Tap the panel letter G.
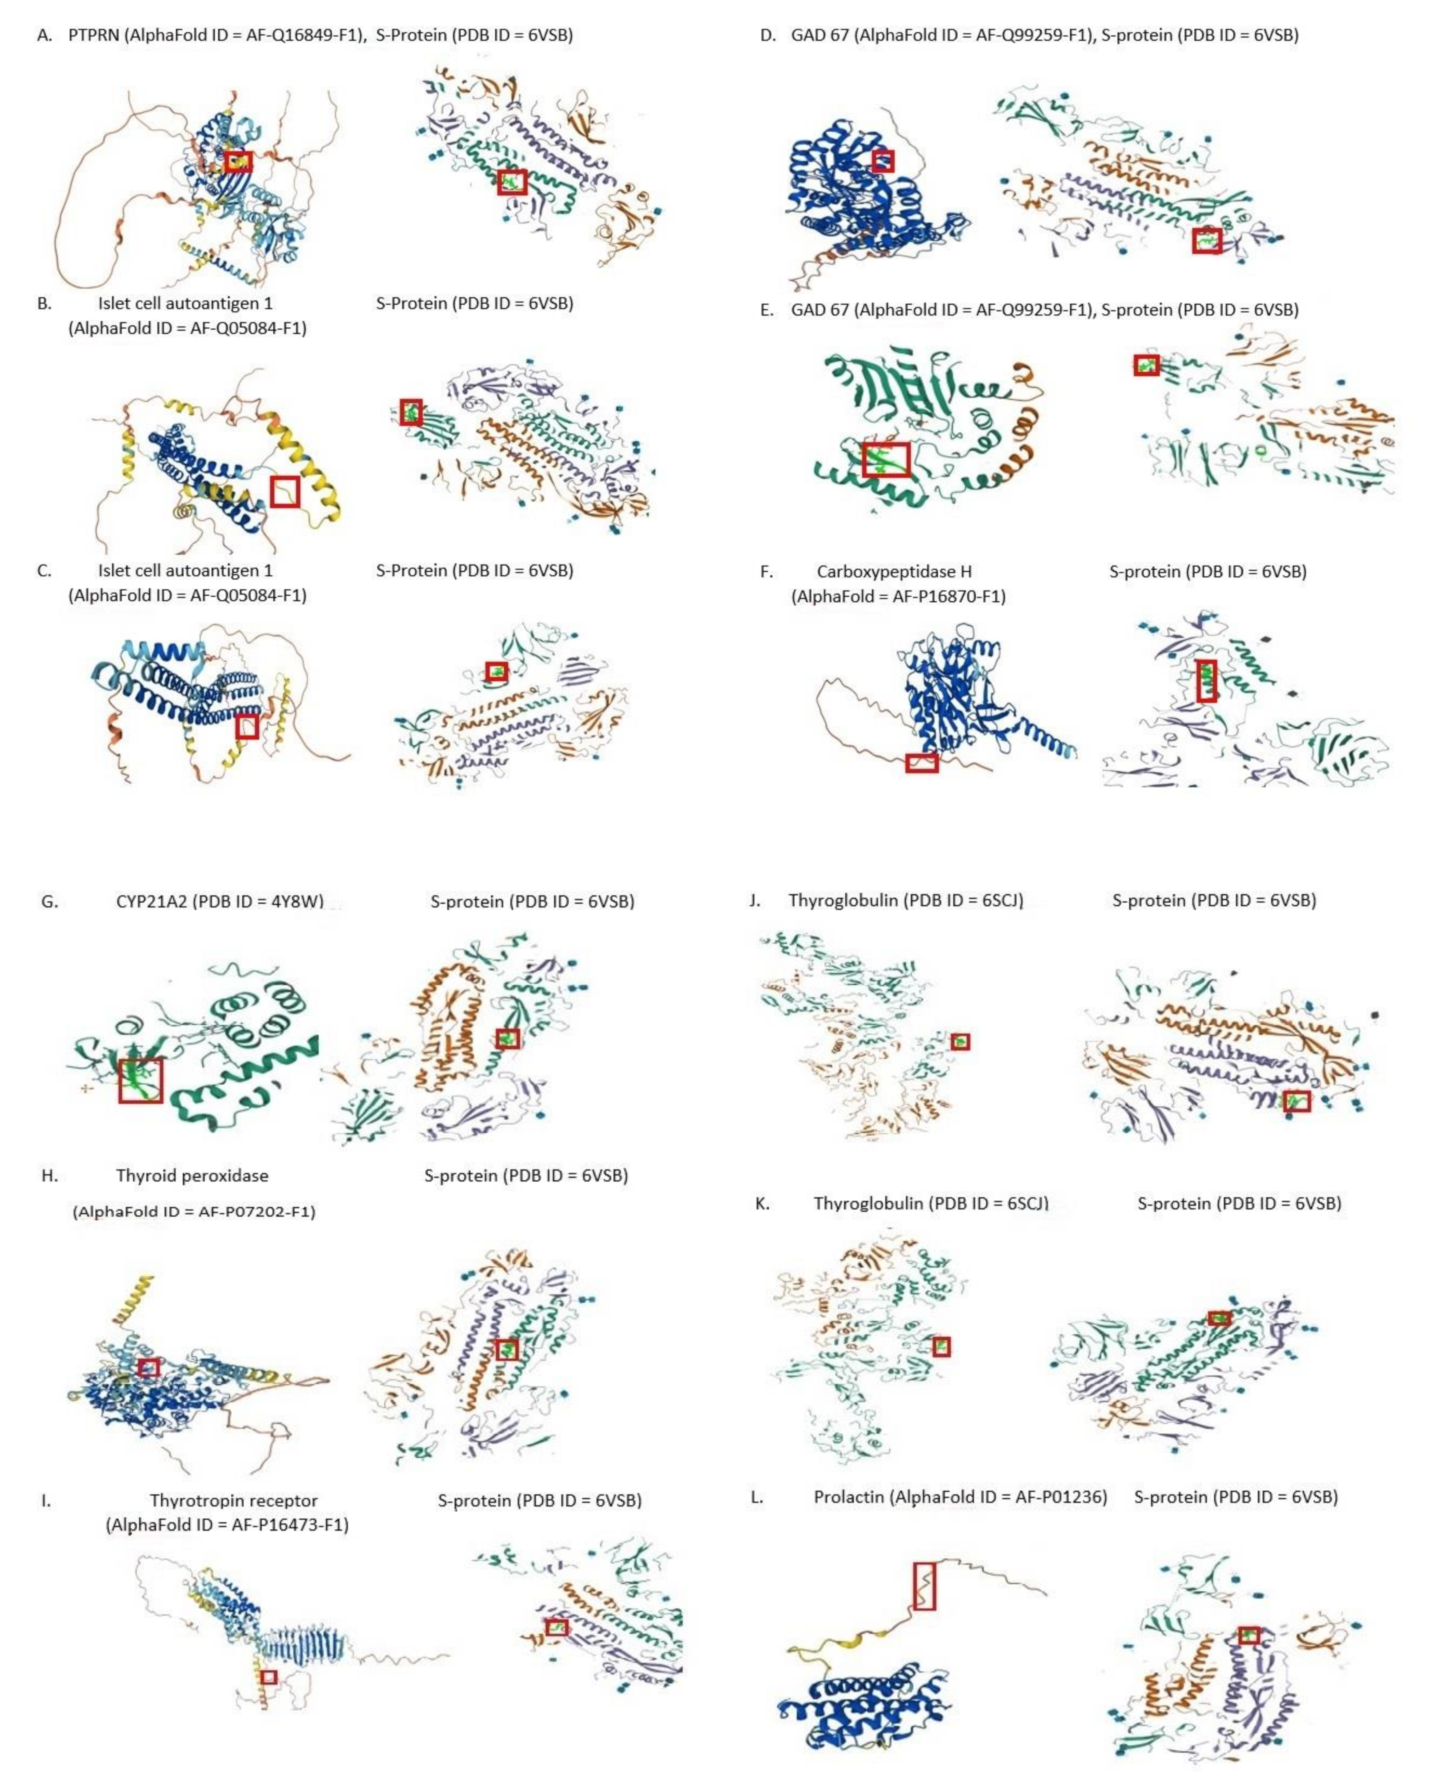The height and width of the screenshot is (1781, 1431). (49, 901)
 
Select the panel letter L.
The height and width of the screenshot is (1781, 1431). (757, 1496)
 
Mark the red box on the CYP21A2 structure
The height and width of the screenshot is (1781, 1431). (140, 1081)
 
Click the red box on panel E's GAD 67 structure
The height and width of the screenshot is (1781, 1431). (886, 459)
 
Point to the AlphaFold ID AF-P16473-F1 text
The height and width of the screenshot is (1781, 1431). (227, 1524)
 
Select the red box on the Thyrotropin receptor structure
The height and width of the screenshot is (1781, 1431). (268, 1677)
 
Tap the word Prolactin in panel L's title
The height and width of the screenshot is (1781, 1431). (849, 1496)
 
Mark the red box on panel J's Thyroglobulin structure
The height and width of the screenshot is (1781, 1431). (960, 1042)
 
